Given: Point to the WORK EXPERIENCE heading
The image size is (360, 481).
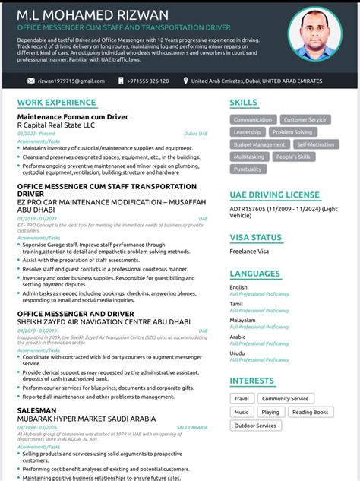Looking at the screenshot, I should tap(58, 102).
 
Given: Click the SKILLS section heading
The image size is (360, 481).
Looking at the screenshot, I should tap(243, 102).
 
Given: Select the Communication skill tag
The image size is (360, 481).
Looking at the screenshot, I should tap(252, 119).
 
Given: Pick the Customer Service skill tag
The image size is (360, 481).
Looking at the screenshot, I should tap(304, 119).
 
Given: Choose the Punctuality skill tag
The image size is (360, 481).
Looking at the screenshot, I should tap(248, 169).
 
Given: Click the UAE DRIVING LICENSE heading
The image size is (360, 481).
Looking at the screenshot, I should tap(274, 195).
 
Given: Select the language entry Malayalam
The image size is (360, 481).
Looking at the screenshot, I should tap(242, 320).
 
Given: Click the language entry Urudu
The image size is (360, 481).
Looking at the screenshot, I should tap(238, 353).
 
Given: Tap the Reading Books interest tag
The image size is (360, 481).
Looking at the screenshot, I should tap(310, 412).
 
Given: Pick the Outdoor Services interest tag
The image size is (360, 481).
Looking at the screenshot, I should tap(255, 426).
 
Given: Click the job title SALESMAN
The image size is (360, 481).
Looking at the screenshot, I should tap(36, 410).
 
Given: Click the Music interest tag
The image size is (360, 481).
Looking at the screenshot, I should tap(242, 412).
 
